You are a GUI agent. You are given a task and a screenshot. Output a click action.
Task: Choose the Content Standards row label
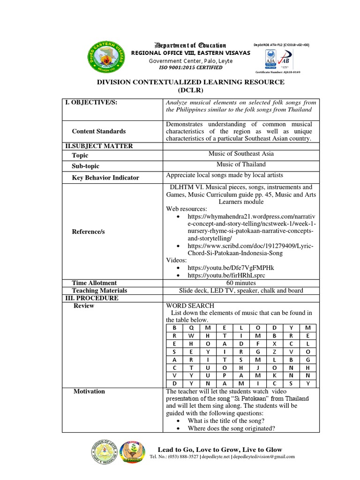[x=98, y=131]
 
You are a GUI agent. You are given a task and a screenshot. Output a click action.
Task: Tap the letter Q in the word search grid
[x=190, y=328]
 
